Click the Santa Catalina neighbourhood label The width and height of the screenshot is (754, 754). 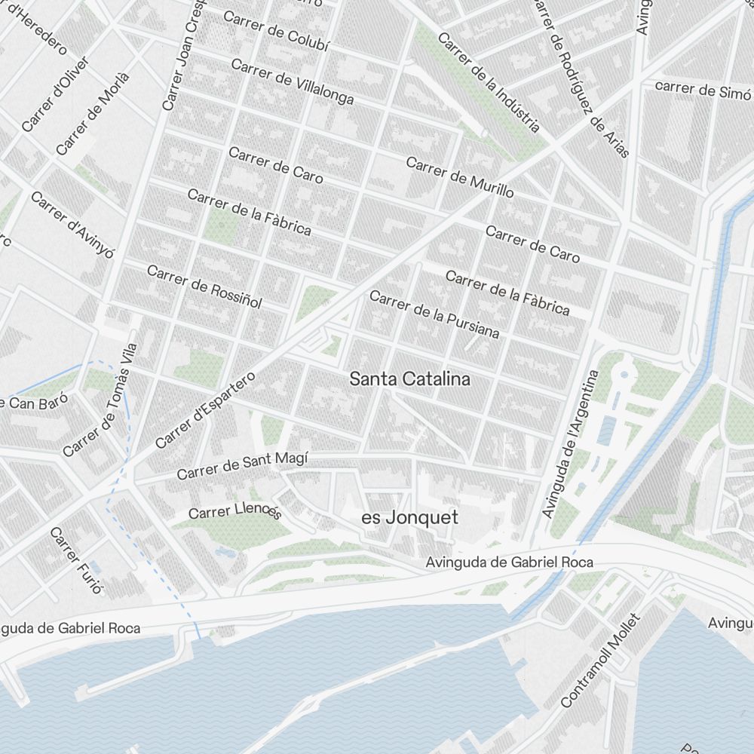point(409,379)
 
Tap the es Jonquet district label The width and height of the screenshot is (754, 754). point(409,518)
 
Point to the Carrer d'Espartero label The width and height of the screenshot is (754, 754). point(205,409)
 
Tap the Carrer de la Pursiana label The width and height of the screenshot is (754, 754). point(434,314)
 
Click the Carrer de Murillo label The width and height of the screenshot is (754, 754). point(460,177)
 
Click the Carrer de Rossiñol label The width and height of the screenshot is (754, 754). point(204,287)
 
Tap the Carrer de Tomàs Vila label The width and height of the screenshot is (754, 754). point(100,400)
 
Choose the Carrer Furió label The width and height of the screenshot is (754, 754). point(75,560)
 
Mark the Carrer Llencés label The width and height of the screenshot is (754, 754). point(234,512)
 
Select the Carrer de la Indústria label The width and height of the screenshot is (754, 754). point(489,81)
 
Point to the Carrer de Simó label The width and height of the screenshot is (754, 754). point(702,90)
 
